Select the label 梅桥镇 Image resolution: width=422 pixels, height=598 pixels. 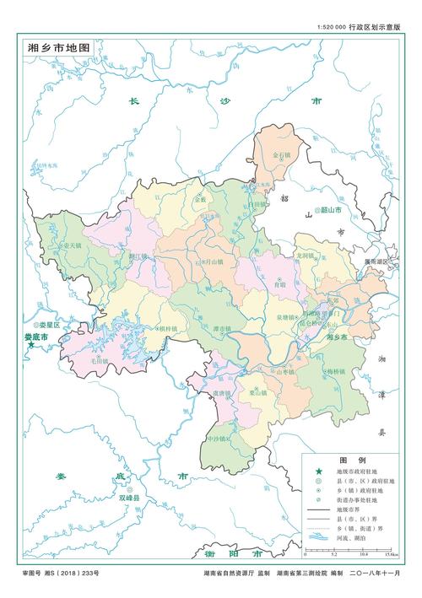coord(337,370)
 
